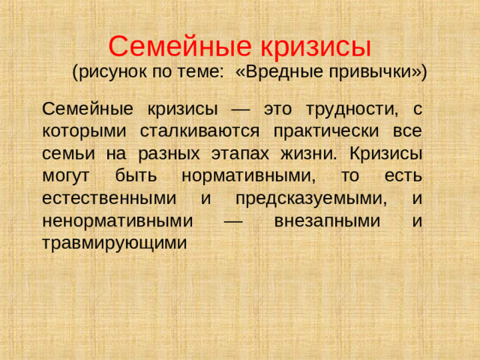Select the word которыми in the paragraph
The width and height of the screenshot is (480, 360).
(79, 131)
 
